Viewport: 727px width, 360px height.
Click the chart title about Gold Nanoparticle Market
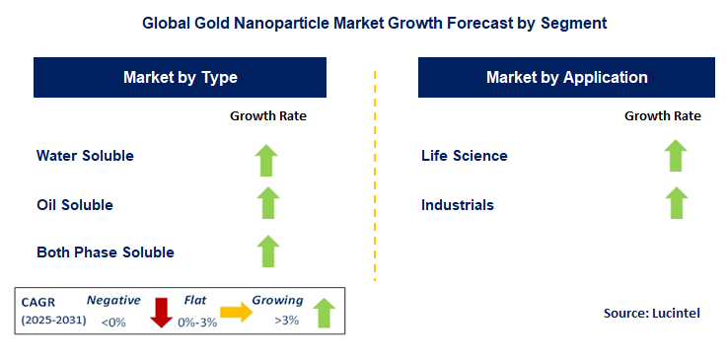(x=363, y=21)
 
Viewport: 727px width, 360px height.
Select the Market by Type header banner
(x=180, y=77)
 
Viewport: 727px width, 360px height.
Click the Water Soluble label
(x=85, y=156)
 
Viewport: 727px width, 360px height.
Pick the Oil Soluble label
(x=75, y=204)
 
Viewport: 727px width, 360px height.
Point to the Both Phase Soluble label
(x=106, y=252)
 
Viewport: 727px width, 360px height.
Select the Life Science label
(x=465, y=156)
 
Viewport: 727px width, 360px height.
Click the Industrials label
(x=458, y=204)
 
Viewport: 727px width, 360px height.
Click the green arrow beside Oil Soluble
(x=267, y=204)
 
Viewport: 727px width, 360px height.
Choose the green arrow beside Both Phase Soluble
(x=267, y=252)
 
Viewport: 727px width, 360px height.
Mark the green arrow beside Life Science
(x=675, y=156)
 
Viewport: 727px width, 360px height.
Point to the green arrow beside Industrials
(x=675, y=203)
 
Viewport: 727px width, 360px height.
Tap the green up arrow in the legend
(x=323, y=315)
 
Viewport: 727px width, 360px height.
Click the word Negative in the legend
(x=113, y=300)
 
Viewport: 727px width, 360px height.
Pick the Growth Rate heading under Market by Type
(x=268, y=115)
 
